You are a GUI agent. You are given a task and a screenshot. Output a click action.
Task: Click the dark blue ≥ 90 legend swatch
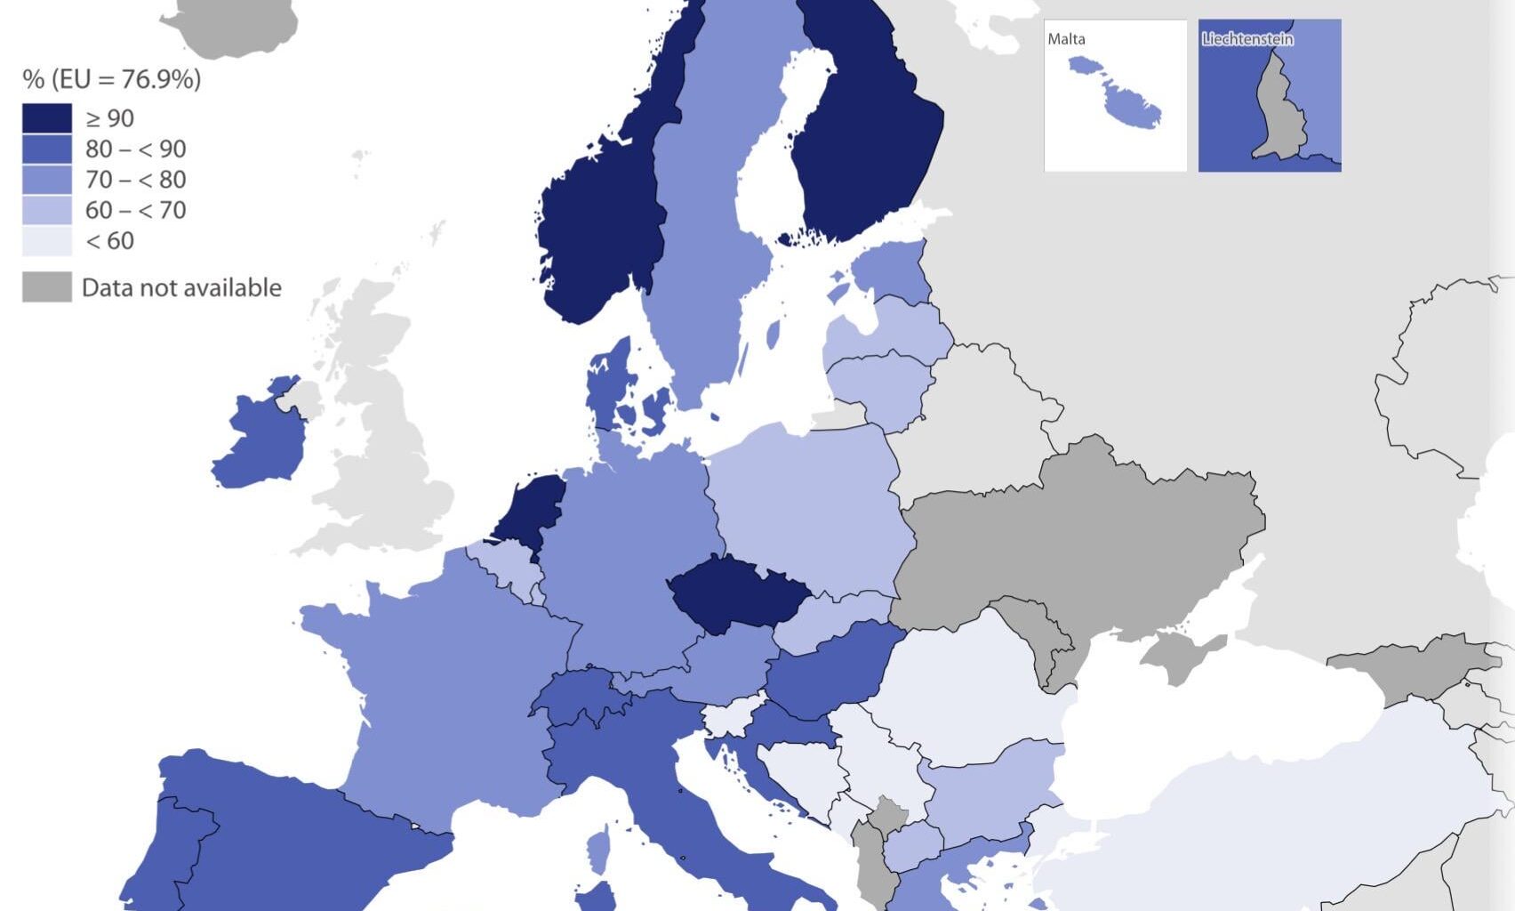[x=47, y=118]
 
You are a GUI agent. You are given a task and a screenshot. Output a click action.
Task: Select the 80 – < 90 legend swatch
[x=47, y=149]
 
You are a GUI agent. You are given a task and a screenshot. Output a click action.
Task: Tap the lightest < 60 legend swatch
[x=47, y=240]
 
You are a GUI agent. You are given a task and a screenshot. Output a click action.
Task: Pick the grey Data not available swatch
[x=47, y=287]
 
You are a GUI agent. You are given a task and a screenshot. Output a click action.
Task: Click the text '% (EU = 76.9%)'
[x=112, y=79]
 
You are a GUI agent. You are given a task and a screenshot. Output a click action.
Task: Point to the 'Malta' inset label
[x=1066, y=39]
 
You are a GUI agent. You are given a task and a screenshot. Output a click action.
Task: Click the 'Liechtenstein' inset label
[x=1247, y=39]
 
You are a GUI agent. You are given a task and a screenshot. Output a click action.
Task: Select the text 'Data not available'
[x=181, y=287]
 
